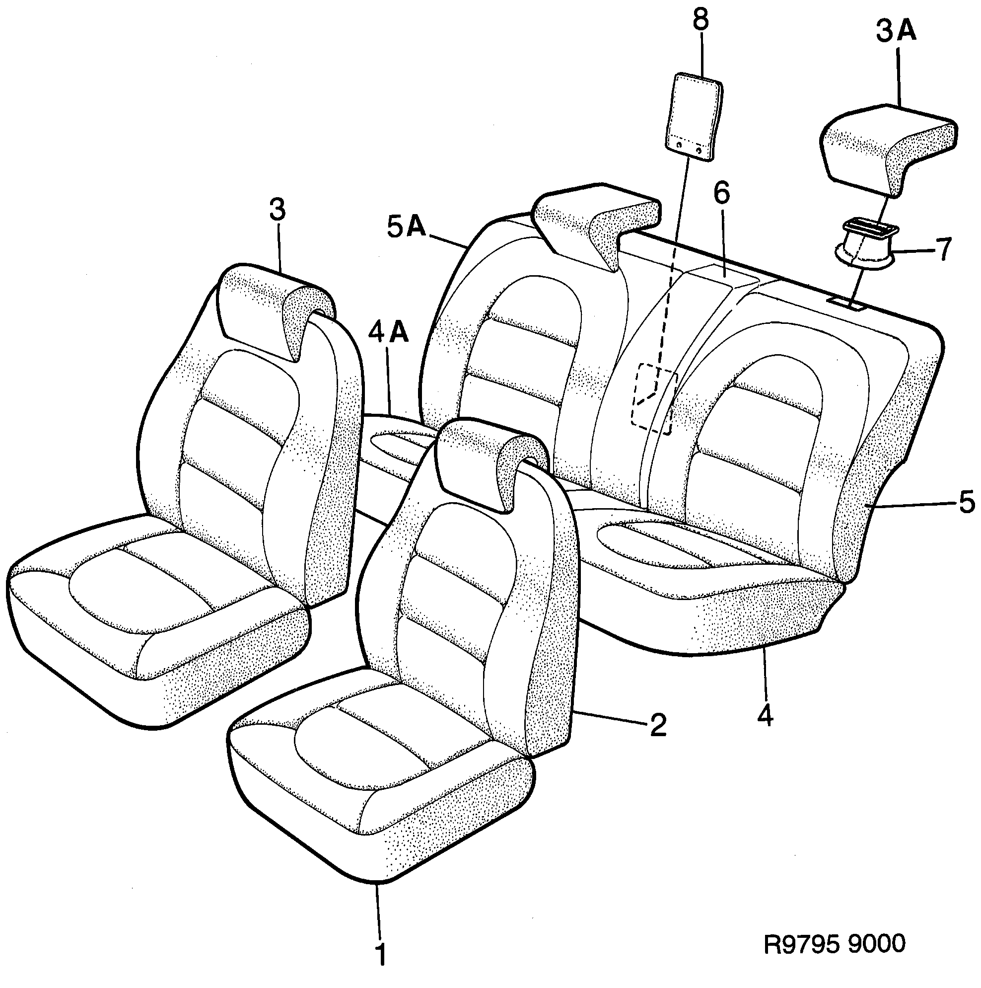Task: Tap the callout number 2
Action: pyautogui.click(x=658, y=724)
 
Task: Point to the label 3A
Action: pyautogui.click(x=897, y=32)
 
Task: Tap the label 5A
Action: pyautogui.click(x=407, y=228)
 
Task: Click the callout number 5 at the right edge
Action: pyautogui.click(x=967, y=503)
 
